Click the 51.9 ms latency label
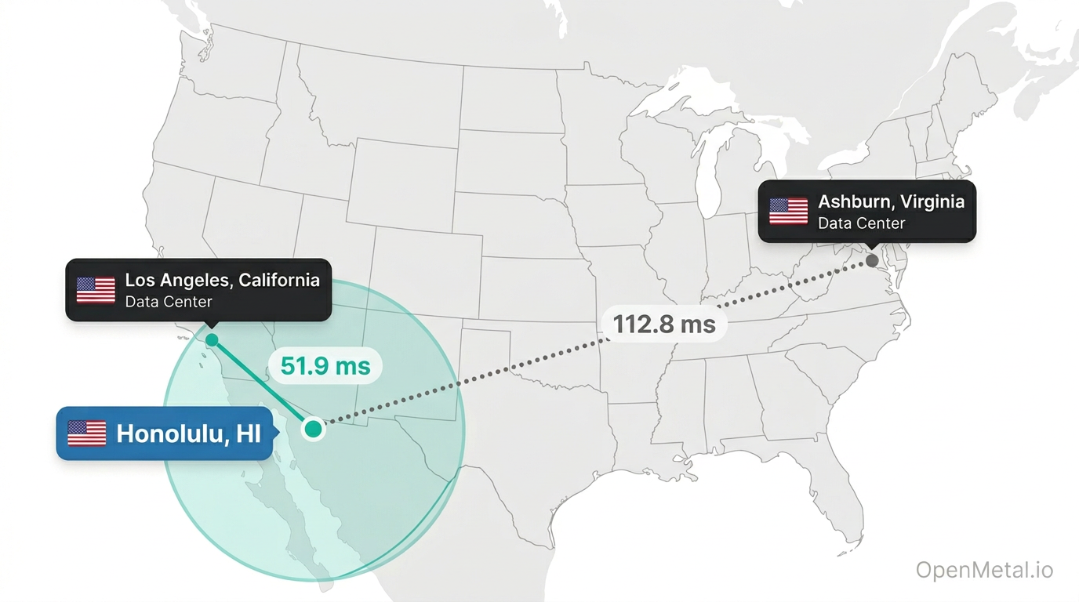[325, 365]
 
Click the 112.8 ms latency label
[664, 324]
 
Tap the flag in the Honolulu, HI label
[87, 433]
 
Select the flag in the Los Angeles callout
[96, 289]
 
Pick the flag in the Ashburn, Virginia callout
[788, 211]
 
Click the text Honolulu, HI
[188, 433]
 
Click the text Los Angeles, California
[222, 280]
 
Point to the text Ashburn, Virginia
[891, 201]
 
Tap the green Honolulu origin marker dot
[313, 429]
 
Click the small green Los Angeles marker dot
[212, 340]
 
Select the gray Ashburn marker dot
[872, 259]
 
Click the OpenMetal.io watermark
[984, 571]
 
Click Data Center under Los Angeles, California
[169, 302]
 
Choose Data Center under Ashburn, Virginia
[861, 223]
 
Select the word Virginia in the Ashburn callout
[932, 201]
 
